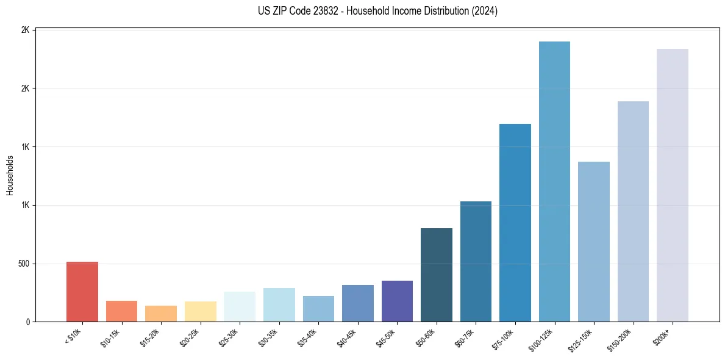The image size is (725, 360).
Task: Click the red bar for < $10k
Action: click(x=82, y=292)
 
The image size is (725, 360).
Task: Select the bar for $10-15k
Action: click(x=121, y=311)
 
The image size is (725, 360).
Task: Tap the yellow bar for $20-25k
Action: click(x=200, y=311)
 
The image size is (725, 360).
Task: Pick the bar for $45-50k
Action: click(x=397, y=301)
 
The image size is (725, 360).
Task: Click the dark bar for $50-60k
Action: click(x=437, y=275)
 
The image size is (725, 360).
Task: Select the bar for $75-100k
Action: click(x=515, y=223)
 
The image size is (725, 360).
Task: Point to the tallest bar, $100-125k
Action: click(x=554, y=181)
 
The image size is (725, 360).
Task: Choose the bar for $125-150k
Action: click(x=594, y=242)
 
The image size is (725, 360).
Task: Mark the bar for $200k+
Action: click(x=673, y=185)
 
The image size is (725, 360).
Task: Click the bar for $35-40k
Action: click(x=318, y=309)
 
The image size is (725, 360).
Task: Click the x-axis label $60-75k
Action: click(x=465, y=336)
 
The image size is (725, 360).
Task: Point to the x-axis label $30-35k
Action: click(x=269, y=336)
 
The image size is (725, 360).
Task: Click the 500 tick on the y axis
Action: click(x=24, y=264)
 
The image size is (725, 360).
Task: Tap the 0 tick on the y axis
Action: click(x=28, y=322)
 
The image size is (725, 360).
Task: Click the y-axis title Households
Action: click(x=10, y=175)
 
